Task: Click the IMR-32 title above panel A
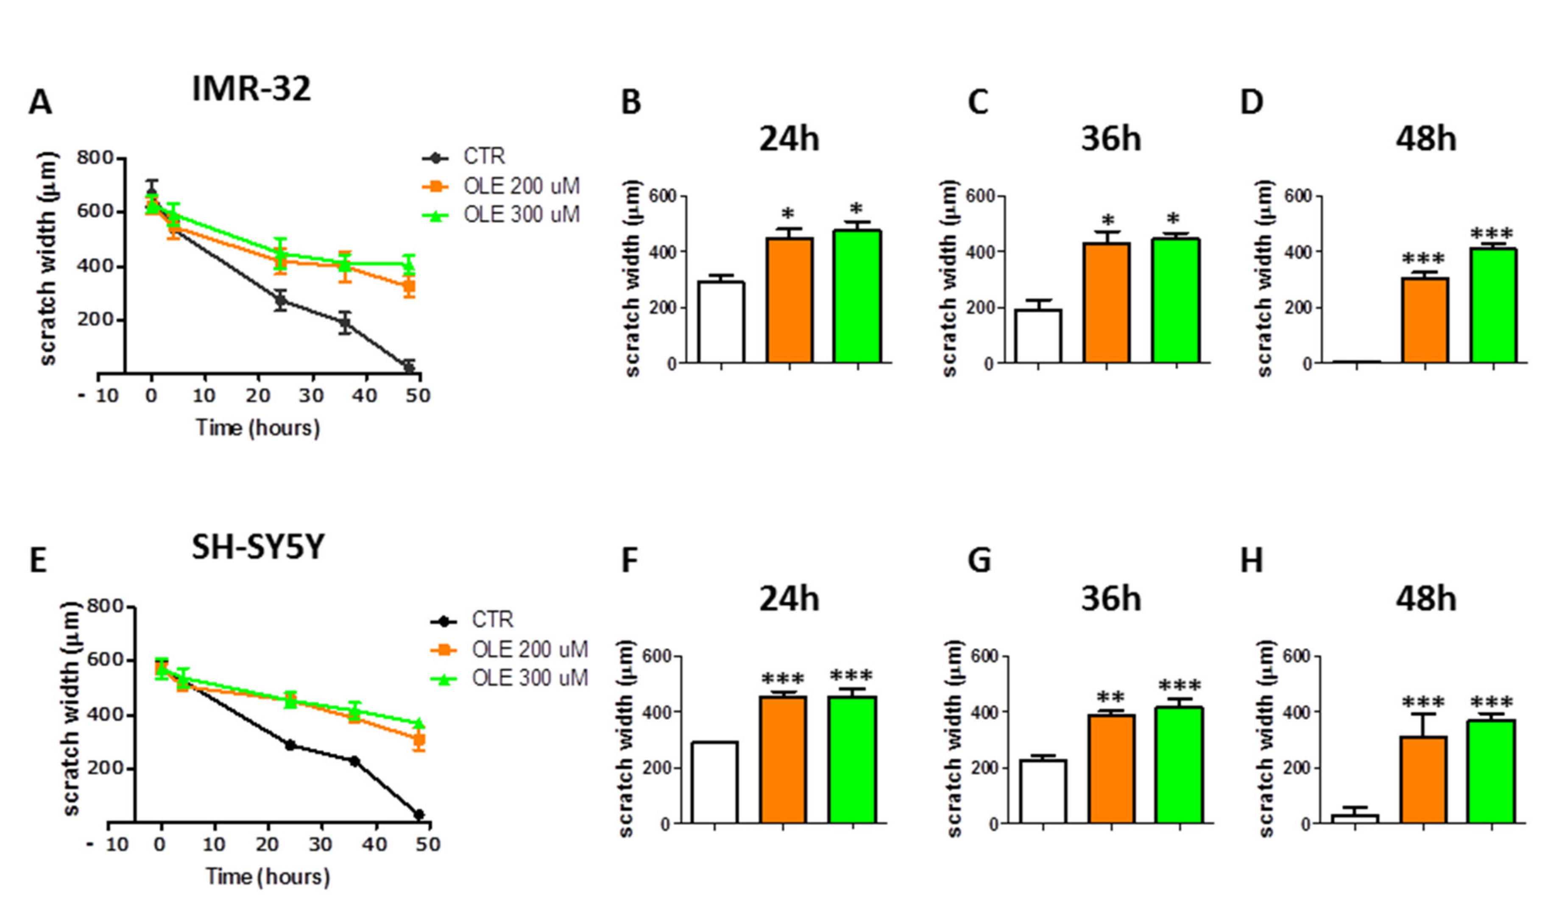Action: pos(251,89)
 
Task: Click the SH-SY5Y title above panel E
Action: pos(257,547)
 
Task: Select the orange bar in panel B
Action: pos(789,300)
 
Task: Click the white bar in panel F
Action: pos(715,782)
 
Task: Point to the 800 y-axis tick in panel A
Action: pos(95,158)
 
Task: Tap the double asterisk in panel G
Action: pos(1110,698)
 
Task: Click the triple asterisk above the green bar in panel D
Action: pos(1492,234)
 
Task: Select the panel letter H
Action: pos(1251,561)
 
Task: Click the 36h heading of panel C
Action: pos(1110,140)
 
